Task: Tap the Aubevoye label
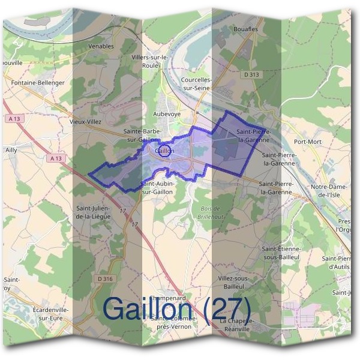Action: click(167, 113)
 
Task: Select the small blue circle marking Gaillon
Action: click(166, 150)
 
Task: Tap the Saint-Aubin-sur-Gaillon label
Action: click(157, 187)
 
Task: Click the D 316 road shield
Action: click(103, 278)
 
